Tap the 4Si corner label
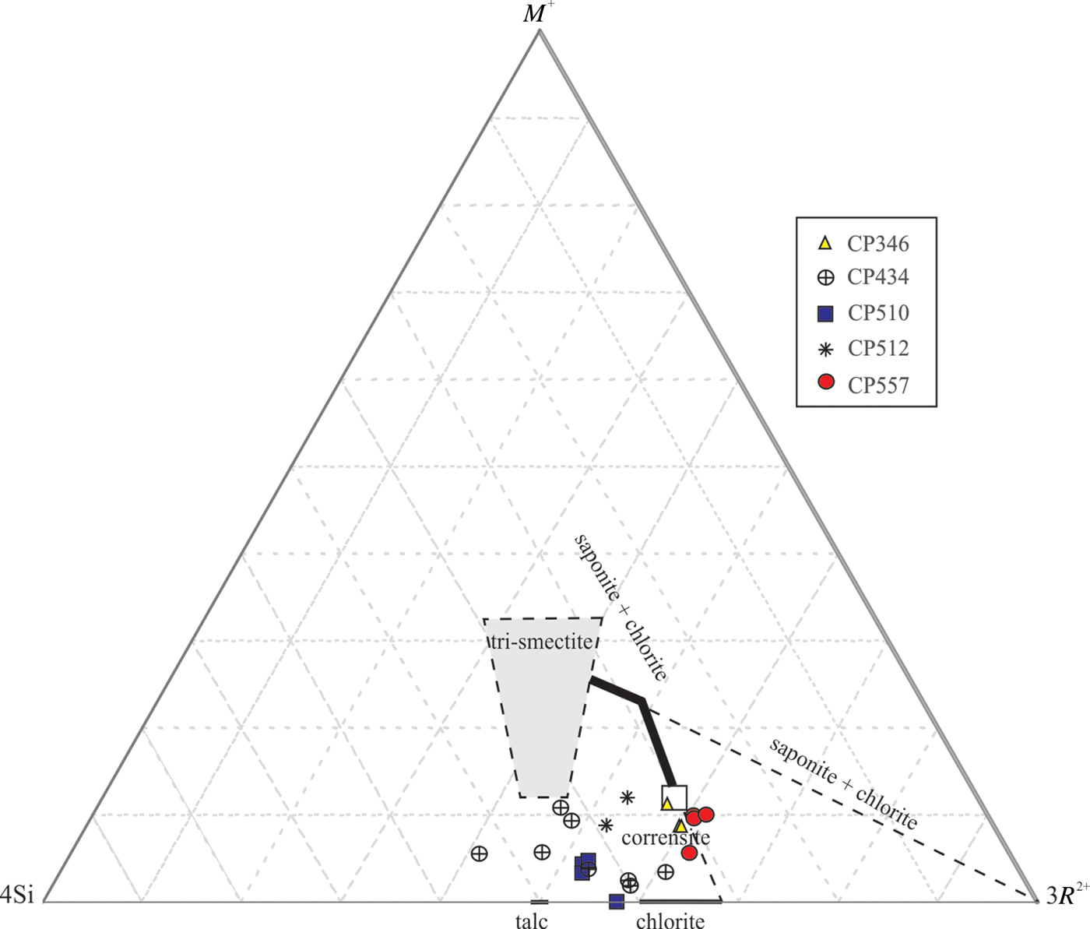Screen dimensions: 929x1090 point(17,896)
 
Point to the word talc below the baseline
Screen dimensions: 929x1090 point(532,921)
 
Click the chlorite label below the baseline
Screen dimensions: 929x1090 point(670,921)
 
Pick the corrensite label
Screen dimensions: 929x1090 point(666,838)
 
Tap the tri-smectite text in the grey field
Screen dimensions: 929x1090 point(543,642)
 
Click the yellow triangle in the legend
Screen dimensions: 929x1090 point(825,243)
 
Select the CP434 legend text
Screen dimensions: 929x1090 point(878,277)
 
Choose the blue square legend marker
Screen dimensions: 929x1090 point(825,313)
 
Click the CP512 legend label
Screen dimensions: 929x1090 point(878,349)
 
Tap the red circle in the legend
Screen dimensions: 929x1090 point(826,382)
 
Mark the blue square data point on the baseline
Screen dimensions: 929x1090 point(617,901)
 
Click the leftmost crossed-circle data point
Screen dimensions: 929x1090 point(480,853)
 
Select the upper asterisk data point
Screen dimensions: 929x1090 point(627,797)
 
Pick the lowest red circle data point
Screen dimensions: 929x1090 point(689,853)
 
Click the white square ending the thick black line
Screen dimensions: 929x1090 point(674,797)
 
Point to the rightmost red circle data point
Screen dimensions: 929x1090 point(706,815)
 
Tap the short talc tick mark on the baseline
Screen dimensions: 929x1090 point(540,902)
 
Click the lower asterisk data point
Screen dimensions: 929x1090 point(607,825)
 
